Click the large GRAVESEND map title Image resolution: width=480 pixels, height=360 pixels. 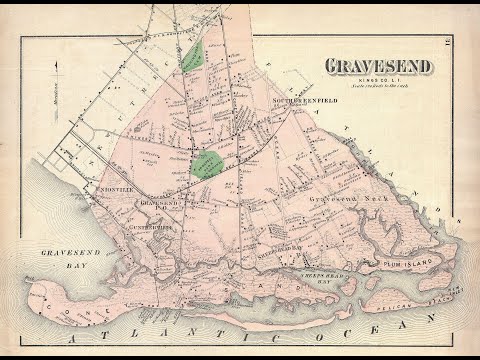pos(378,66)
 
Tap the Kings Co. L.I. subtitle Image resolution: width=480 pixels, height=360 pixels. pos(378,79)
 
